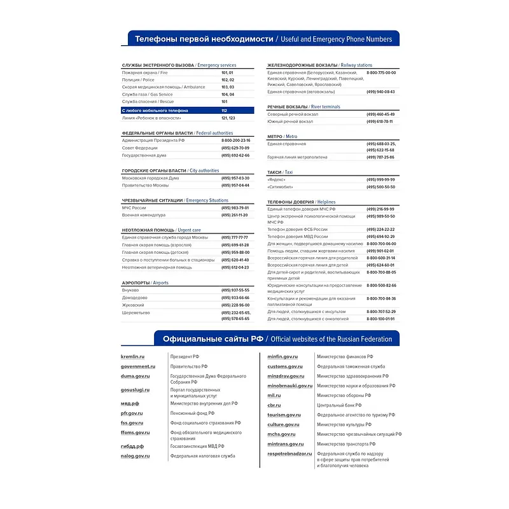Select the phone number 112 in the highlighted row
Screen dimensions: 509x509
pos(225,110)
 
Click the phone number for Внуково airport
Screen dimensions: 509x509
pos(235,290)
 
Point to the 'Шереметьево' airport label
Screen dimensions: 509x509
pos(136,313)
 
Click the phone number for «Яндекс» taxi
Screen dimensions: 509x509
pos(380,179)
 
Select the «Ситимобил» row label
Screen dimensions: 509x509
pos(281,187)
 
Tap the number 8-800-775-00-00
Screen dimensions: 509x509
pos(381,73)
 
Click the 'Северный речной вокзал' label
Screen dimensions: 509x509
pos(293,115)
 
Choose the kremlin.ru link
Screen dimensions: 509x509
pos(133,357)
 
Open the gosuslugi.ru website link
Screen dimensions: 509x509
pos(136,389)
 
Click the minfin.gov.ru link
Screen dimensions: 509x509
pos(282,357)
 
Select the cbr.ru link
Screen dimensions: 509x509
pos(274,405)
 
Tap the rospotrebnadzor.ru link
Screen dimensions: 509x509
pos(290,454)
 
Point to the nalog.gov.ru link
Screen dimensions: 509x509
pos(136,456)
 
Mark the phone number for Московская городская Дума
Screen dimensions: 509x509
pos(235,178)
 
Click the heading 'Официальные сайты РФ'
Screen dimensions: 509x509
pos(213,338)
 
